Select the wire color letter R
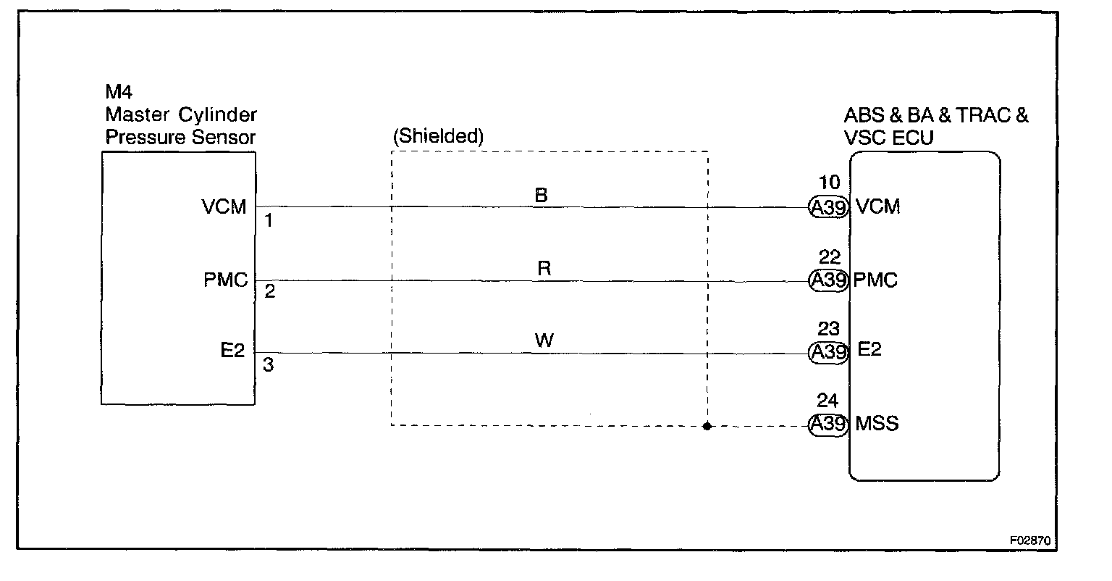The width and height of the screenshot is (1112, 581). click(x=544, y=269)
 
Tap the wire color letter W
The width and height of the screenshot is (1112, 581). click(x=544, y=340)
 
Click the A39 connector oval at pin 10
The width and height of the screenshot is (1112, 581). click(x=828, y=207)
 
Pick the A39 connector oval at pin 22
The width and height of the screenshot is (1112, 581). click(x=828, y=280)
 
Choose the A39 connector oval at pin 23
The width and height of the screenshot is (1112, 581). click(x=828, y=352)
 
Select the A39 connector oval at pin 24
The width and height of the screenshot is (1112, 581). click(x=828, y=425)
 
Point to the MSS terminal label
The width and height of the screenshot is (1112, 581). click(x=877, y=424)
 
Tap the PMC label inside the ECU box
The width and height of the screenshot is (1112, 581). click(x=876, y=280)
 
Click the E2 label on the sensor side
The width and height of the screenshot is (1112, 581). click(x=232, y=352)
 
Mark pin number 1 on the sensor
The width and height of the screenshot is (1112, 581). click(x=268, y=221)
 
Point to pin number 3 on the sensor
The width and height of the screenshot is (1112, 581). click(x=268, y=366)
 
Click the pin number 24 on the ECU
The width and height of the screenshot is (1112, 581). click(x=827, y=401)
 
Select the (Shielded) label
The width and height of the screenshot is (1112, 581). click(x=438, y=136)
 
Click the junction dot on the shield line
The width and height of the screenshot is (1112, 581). click(x=707, y=426)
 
